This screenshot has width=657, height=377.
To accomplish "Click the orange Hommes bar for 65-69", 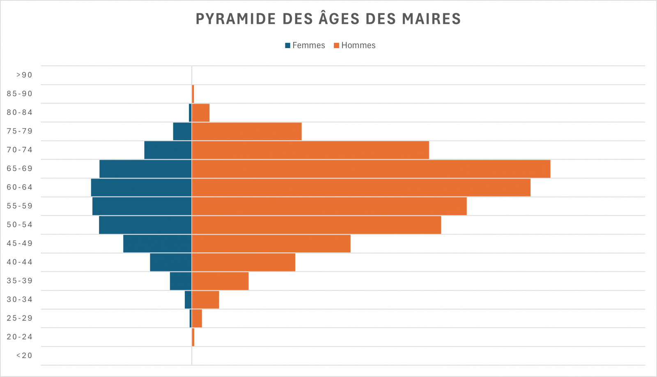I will point(371,169).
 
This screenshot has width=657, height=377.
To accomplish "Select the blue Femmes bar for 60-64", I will point(141,187).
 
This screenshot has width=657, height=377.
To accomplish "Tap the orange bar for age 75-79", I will point(246,131).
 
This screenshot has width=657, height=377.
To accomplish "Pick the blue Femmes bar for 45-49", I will point(157,243).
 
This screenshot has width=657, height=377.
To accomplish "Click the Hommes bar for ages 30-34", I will point(205,300).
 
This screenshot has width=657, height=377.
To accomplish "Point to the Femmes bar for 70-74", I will point(168,150).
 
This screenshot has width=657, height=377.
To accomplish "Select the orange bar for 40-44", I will point(244,262).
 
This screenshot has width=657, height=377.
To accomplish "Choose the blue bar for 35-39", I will point(181,281).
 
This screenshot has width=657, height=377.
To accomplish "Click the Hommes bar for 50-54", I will point(316,225).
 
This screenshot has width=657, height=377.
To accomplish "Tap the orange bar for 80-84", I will point(201,113).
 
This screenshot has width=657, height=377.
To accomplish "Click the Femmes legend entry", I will point(305,45).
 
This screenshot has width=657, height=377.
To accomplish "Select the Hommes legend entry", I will point(355,45).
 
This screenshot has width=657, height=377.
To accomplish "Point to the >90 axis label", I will point(24,75).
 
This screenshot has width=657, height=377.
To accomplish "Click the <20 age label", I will point(24,356).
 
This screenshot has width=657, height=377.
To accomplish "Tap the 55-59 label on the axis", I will point(19,206).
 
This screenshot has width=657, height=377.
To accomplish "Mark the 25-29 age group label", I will point(19,318).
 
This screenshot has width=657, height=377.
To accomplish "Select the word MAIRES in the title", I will point(431,19).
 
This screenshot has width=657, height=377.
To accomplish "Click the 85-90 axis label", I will point(19,94).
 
